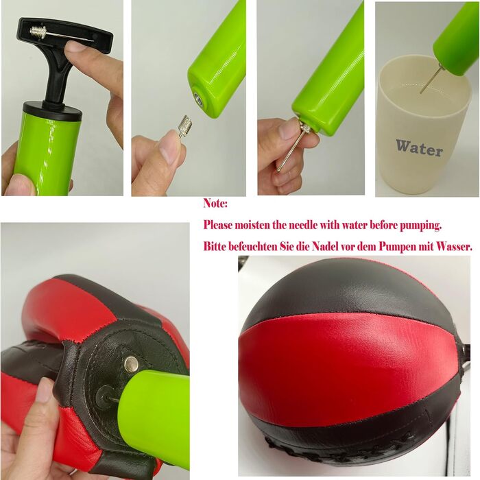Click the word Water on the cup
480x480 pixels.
click(x=419, y=148)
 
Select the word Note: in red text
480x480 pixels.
click(x=215, y=204)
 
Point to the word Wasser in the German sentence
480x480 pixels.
click(x=454, y=246)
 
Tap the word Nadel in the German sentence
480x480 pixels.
click(x=325, y=246)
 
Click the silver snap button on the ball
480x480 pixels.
click(x=132, y=364)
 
